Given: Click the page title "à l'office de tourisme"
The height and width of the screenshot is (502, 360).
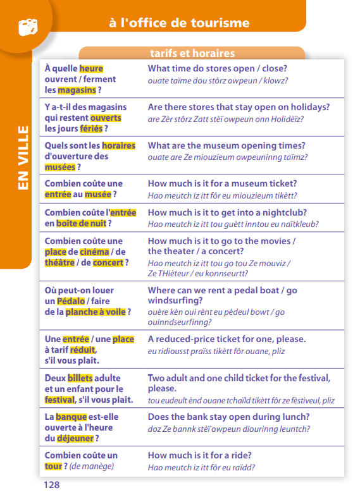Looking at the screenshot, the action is (179, 23).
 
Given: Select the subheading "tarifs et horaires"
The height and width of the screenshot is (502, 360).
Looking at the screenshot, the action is (192, 54).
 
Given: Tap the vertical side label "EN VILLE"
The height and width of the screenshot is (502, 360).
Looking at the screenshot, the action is (23, 157).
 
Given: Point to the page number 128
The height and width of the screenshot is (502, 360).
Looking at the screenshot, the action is (51, 484).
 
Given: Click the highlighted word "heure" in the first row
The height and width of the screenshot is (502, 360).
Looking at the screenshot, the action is (91, 68).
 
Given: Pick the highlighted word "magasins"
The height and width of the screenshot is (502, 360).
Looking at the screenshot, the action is (76, 90).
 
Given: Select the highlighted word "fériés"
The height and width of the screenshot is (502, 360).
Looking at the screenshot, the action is (90, 129).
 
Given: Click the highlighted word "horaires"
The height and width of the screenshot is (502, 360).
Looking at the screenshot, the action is (118, 145).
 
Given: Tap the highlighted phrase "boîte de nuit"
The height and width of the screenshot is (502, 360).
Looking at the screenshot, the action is (81, 223).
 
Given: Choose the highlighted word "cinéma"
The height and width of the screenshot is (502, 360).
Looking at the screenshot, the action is (94, 252).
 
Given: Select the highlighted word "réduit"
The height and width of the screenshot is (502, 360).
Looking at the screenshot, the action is (82, 350).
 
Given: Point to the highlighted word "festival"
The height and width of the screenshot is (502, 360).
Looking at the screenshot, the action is (59, 400).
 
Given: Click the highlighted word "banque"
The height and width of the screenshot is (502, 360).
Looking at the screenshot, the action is (71, 417).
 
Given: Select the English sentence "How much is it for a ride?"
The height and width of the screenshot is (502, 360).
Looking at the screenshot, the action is (199, 455).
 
